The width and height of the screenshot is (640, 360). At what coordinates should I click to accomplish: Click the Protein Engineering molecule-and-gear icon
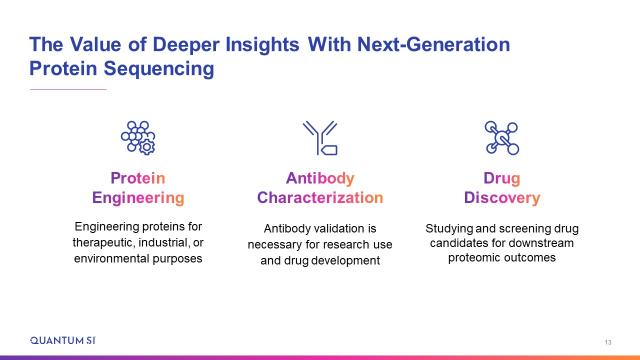coord(138,138)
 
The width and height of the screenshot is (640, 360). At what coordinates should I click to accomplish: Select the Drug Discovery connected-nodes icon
coord(501,138)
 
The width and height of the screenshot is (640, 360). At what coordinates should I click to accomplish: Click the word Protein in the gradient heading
coord(138,178)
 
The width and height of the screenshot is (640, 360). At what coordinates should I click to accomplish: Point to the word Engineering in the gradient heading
coord(138,198)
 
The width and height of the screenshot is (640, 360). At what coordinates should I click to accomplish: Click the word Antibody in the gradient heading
coord(320,178)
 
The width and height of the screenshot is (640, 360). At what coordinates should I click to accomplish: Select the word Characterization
coord(320,197)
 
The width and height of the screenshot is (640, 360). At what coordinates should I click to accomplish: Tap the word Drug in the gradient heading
coord(501,178)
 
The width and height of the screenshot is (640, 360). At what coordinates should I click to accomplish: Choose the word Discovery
coord(502,198)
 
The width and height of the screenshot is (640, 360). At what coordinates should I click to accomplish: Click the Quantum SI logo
coord(63,340)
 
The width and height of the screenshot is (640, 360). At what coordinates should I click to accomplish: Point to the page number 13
coord(608,342)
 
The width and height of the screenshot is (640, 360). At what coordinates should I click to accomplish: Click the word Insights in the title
coord(262,45)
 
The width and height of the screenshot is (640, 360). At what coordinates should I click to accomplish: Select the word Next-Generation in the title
coord(433,44)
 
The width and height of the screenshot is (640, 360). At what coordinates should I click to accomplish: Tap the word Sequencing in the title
coord(159,69)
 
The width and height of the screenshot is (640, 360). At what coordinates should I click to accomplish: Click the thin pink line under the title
coord(68,89)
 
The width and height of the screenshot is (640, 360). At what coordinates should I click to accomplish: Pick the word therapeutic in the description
coord(103,243)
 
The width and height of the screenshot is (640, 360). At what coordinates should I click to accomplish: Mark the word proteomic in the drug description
coord(474,257)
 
